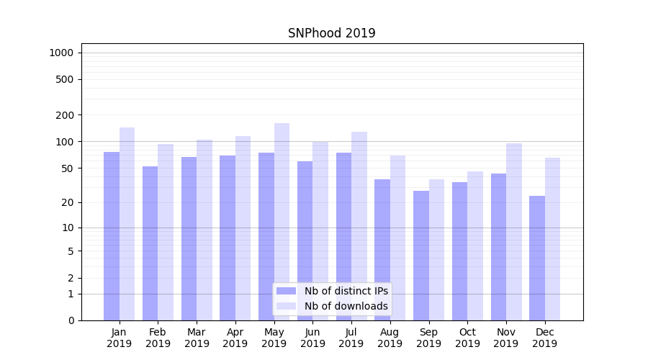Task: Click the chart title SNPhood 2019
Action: [331, 33]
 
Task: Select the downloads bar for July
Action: [359, 226]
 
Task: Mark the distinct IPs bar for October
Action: [459, 251]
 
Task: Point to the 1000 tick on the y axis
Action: [61, 53]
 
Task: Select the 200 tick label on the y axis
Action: [66, 115]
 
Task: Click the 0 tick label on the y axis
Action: [71, 320]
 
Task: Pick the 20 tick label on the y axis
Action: [68, 202]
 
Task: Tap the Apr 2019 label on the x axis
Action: [235, 338]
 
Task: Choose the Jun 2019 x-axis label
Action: [312, 338]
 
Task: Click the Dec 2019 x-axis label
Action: [545, 338]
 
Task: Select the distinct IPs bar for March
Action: [189, 238]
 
